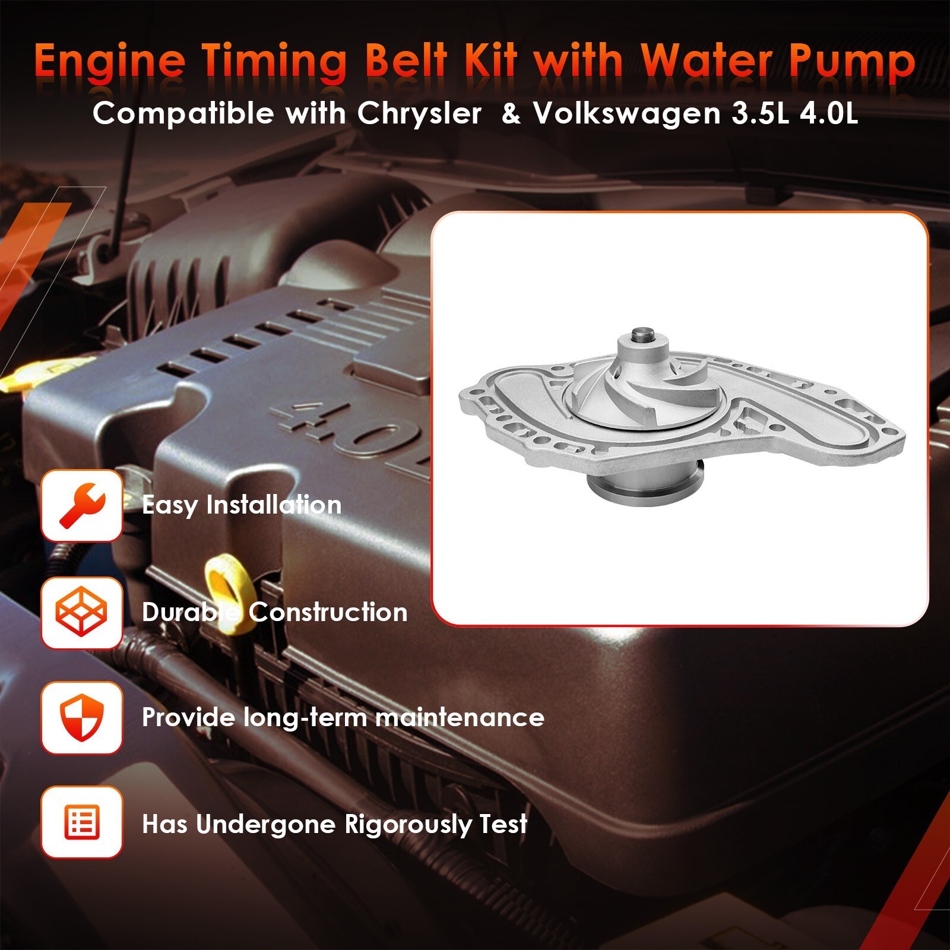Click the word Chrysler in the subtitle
pyautogui.click(x=419, y=113)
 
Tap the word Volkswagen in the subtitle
pyautogui.click(x=626, y=113)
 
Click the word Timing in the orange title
pyautogui.click(x=273, y=63)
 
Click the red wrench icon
pyautogui.click(x=82, y=505)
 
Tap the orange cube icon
pyautogui.click(x=82, y=612)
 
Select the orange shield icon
pyautogui.click(x=82, y=718)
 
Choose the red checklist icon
pyautogui.click(x=82, y=823)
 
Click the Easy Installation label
pyautogui.click(x=242, y=505)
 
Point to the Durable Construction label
pyautogui.click(x=274, y=612)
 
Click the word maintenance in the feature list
pyautogui.click(x=460, y=717)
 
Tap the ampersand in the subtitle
pyautogui.click(x=511, y=113)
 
